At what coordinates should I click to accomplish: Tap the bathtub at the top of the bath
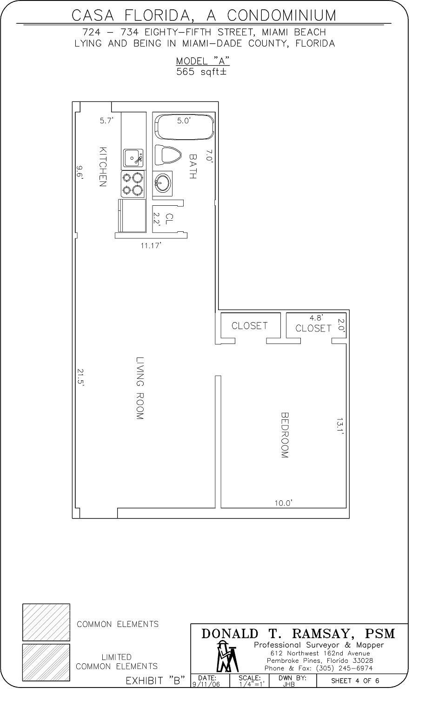tap(184, 126)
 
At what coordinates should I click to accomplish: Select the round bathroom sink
tap(162, 182)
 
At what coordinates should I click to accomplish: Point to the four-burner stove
tap(132, 183)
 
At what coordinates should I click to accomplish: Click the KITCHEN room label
tap(103, 167)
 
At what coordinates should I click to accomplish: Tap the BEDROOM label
tap(285, 435)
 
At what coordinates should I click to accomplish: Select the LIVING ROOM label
tap(140, 388)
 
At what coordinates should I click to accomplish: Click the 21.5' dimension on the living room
tap(80, 377)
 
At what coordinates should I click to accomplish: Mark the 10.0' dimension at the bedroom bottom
tap(283, 503)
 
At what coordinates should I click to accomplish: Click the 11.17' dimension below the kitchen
tap(151, 245)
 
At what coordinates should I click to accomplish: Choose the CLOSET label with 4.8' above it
tap(313, 328)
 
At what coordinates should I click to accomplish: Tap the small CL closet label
tap(169, 219)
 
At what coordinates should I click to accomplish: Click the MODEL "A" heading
tap(202, 61)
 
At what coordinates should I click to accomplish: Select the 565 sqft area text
tap(201, 72)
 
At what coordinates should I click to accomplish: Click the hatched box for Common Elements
tap(46, 622)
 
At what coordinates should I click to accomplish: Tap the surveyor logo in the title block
tap(227, 657)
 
